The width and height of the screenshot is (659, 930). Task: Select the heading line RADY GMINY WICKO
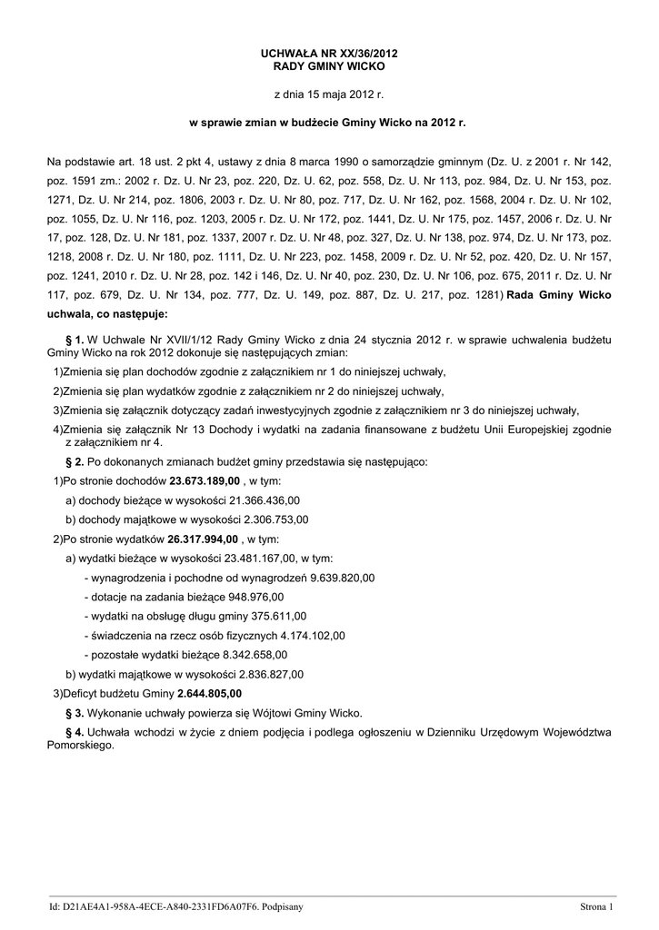tap(329, 67)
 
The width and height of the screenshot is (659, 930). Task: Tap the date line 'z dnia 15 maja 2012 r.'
tap(329, 94)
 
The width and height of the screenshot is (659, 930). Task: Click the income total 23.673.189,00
tap(205, 480)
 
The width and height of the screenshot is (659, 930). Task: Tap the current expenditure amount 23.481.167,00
tap(254, 558)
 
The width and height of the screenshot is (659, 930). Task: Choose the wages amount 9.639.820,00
tap(343, 578)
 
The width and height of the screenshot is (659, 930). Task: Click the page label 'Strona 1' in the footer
tap(597, 906)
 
